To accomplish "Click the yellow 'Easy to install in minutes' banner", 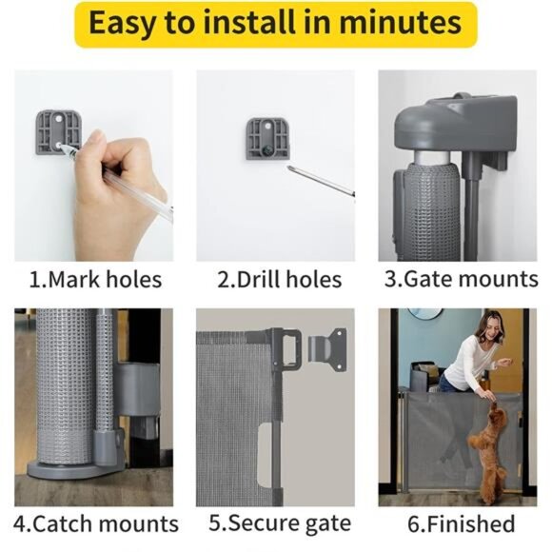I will pyautogui.click(x=275, y=26).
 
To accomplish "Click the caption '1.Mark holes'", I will pyautogui.click(x=94, y=280).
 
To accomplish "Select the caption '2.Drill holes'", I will pyautogui.click(x=279, y=280).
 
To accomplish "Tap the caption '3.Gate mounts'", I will pyautogui.click(x=461, y=280).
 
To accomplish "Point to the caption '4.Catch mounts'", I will pyautogui.click(x=96, y=523).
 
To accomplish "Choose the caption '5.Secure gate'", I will pyautogui.click(x=279, y=523).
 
